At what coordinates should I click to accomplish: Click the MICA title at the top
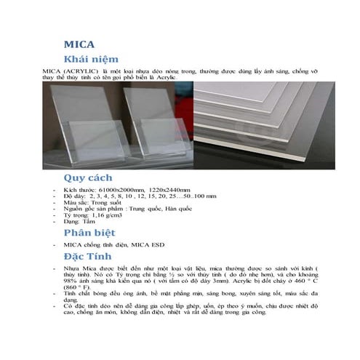[x=79, y=44]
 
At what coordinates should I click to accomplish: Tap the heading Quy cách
[x=90, y=177]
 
